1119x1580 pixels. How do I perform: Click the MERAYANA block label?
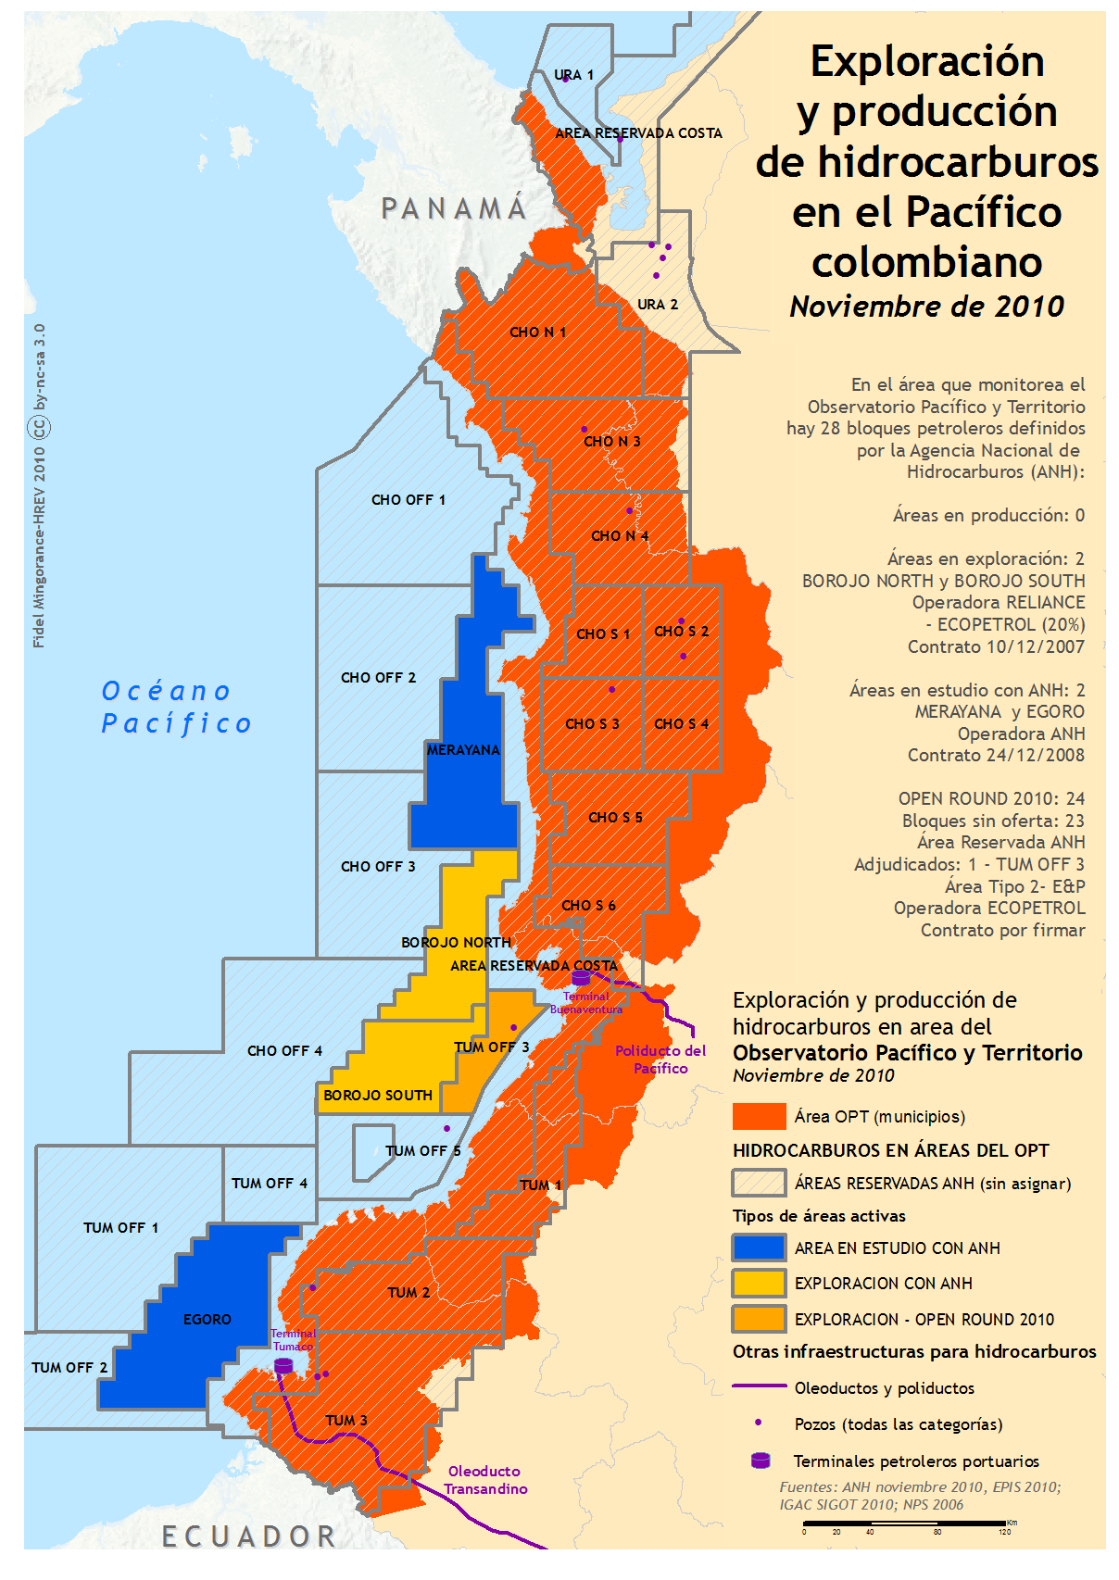click(463, 750)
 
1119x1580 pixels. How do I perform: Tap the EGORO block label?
click(207, 1320)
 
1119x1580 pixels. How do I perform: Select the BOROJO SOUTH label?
click(378, 1096)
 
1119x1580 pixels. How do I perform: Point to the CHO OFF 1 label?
click(408, 500)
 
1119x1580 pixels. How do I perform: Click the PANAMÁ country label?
click(454, 209)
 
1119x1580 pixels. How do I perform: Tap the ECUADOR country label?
click(249, 1536)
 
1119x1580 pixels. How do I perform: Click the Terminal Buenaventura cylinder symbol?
click(581, 978)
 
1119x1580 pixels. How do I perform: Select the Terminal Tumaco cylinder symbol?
click(283, 1366)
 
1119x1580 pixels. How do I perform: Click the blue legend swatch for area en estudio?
click(759, 1248)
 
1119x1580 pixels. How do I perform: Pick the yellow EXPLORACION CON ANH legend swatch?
click(759, 1284)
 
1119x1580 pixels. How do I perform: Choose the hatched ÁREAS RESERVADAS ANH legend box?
click(759, 1184)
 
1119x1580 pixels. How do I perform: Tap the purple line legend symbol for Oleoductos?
click(759, 1387)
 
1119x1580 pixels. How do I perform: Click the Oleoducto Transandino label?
click(484, 1480)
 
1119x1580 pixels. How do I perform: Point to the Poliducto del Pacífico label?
click(660, 1060)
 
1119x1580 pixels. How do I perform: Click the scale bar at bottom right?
click(904, 1524)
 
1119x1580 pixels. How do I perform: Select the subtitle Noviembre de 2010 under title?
click(926, 307)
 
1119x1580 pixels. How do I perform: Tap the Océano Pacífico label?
click(176, 708)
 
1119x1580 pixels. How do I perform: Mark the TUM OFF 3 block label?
click(492, 1047)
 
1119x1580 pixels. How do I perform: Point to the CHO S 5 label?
click(615, 818)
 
